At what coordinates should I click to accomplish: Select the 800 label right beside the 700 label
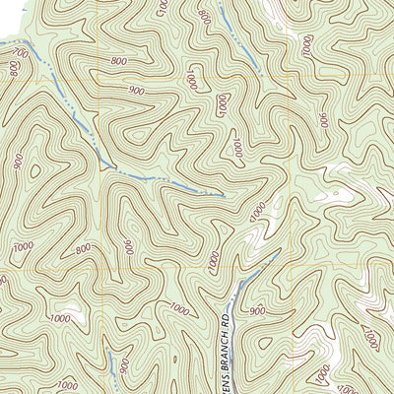tap(16, 68)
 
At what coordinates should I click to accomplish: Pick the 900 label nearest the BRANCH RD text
tap(258, 311)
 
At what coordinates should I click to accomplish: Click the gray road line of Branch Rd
tap(232, 295)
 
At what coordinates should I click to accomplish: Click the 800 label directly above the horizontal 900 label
tap(120, 61)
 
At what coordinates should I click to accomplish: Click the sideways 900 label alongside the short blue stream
tap(124, 365)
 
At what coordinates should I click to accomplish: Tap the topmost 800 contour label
tap(204, 17)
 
